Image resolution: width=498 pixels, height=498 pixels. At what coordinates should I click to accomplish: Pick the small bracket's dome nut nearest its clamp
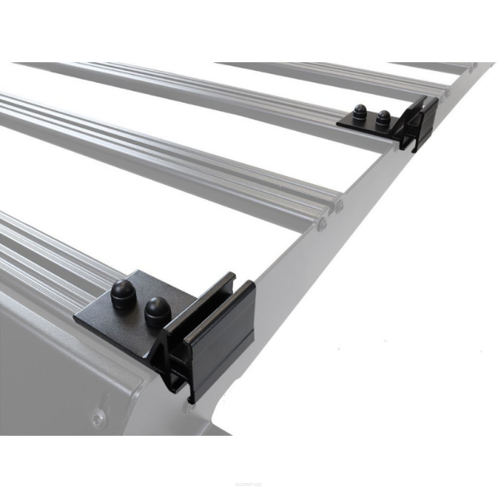pyautogui.click(x=383, y=117)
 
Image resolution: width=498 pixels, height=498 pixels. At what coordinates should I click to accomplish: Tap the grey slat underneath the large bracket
pyautogui.click(x=48, y=247)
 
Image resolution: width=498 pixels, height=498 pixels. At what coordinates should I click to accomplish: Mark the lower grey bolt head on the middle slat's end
pyautogui.click(x=321, y=224)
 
